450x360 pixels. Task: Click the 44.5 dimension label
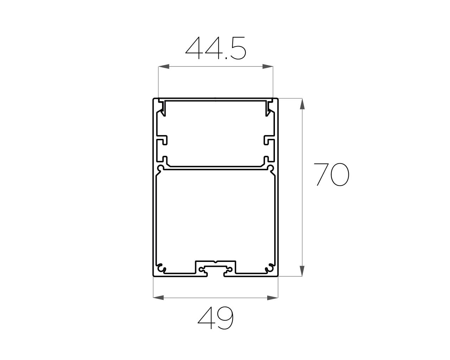pos(216,48)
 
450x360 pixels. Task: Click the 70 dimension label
pos(331,174)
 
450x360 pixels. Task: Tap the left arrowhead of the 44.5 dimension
pos(164,66)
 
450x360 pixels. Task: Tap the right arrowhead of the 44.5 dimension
pos(268,66)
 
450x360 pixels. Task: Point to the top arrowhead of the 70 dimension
pos(302,104)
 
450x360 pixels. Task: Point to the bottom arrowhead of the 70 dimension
pos(302,271)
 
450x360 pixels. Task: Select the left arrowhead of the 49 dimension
pos(159,297)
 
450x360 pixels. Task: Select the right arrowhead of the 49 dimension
pos(273,297)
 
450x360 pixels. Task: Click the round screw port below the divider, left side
pos(161,168)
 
